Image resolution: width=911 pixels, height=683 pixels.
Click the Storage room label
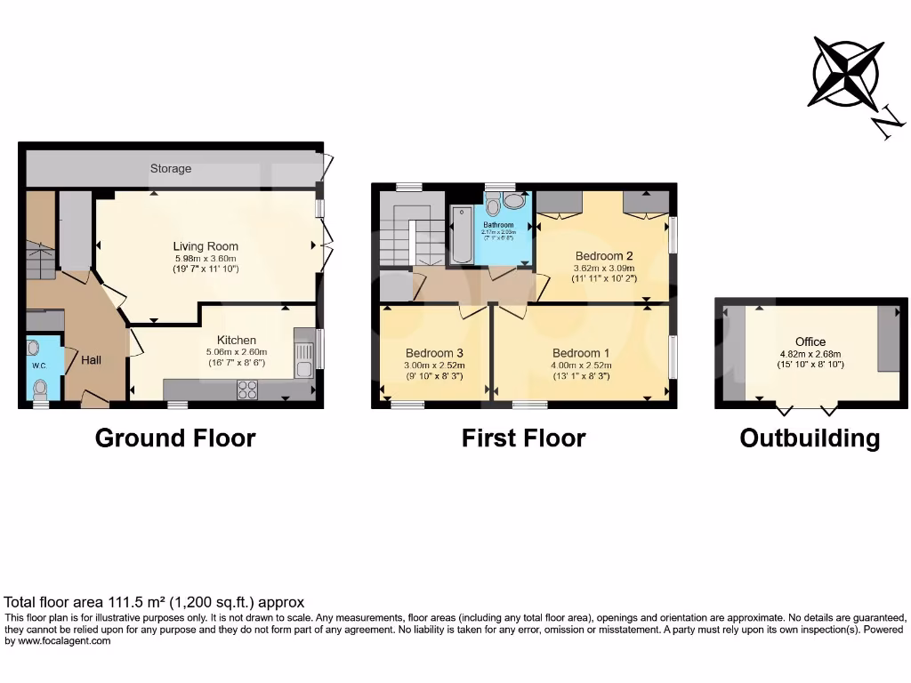click(x=171, y=168)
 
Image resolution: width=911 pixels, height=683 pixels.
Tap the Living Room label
click(x=206, y=246)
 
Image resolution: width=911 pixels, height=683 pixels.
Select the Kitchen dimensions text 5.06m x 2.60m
click(x=237, y=351)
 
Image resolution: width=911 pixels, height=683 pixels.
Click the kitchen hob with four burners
click(x=246, y=390)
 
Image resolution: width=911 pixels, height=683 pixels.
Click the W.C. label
click(x=39, y=365)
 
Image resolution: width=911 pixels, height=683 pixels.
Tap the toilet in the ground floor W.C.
click(x=40, y=389)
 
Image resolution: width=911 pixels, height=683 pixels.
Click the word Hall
click(x=92, y=360)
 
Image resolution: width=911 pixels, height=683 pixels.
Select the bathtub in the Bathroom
click(x=462, y=236)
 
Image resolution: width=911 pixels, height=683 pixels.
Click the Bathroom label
click(x=500, y=225)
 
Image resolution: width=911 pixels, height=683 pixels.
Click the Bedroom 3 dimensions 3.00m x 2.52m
click(x=434, y=365)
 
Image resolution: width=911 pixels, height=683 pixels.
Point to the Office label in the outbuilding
click(x=810, y=341)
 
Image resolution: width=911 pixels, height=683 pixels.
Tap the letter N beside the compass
click(x=885, y=125)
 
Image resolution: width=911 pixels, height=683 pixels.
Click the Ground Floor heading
click(x=175, y=438)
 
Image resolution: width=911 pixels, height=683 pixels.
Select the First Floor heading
click(x=523, y=438)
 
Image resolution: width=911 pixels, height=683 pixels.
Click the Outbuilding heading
click(x=810, y=438)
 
